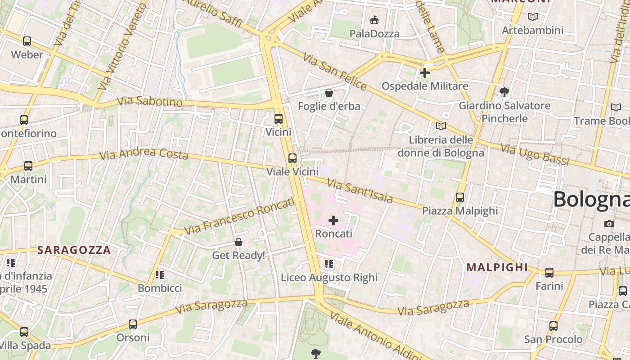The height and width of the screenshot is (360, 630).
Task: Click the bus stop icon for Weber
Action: pyautogui.click(x=27, y=41)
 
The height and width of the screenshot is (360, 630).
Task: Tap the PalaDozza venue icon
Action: pyautogui.click(x=374, y=20)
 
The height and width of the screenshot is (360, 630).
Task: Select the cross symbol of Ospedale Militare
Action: pyautogui.click(x=424, y=72)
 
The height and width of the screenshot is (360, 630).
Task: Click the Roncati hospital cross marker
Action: pyautogui.click(x=333, y=220)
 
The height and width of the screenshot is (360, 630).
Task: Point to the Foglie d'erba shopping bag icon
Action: pyautogui.click(x=329, y=93)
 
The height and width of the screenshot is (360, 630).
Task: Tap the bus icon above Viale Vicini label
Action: pyautogui.click(x=292, y=158)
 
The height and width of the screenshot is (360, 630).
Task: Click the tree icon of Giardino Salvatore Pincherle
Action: pyautogui.click(x=504, y=92)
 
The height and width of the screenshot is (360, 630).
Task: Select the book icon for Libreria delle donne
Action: pyautogui.click(x=441, y=126)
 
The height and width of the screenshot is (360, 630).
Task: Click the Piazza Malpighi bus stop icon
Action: pyautogui.click(x=459, y=198)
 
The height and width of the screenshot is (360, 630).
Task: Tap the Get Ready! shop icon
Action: pyautogui.click(x=238, y=243)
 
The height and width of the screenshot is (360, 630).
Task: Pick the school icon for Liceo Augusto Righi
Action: pyautogui.click(x=329, y=264)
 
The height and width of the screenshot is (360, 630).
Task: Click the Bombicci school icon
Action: pyautogui.click(x=159, y=274)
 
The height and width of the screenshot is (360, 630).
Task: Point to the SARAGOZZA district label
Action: pyautogui.click(x=74, y=250)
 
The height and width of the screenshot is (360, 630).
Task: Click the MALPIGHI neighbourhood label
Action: pyautogui.click(x=497, y=267)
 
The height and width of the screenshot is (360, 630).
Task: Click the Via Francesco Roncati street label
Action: pyautogui.click(x=239, y=216)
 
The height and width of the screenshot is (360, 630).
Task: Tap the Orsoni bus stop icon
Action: pyautogui.click(x=132, y=324)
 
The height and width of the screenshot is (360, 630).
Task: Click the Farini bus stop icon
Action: pyautogui.click(x=549, y=273)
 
